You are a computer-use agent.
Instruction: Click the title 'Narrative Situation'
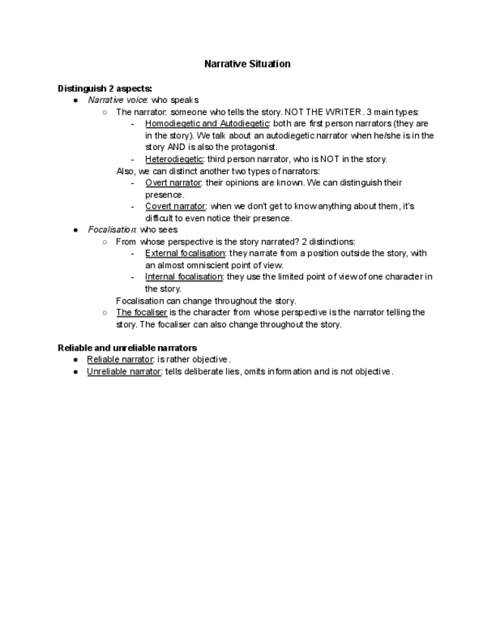coord(247,64)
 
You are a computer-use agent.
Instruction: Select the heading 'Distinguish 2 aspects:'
coord(105,88)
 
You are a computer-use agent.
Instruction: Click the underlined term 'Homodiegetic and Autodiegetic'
coord(207,123)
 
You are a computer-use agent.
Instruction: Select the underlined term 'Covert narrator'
coord(175,206)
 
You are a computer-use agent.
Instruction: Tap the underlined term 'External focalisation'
coord(185,253)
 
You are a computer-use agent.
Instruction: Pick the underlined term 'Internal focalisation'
coord(184,276)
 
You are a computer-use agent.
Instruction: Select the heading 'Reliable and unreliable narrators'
coord(127,347)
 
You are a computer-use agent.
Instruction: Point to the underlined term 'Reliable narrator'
coord(120,359)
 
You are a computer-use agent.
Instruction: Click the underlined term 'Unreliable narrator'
coord(124,371)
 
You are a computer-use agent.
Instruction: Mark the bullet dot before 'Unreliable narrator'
coord(76,371)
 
